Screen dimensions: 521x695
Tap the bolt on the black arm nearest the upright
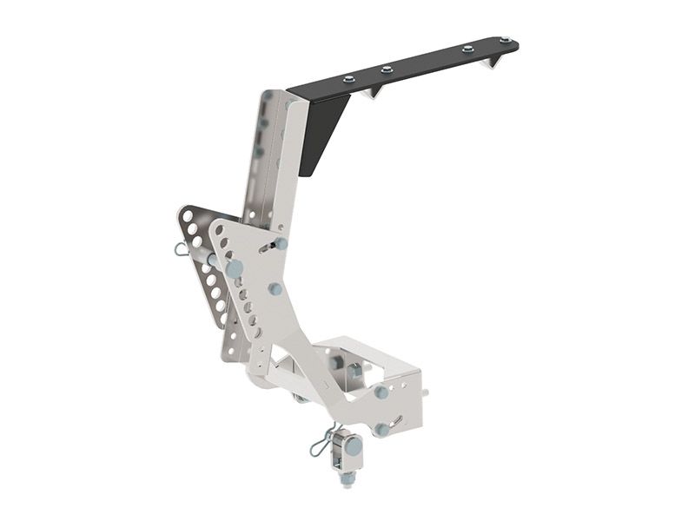tap(348, 79)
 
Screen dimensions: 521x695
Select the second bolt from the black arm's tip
tap(467, 49)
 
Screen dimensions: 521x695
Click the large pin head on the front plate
tap(234, 269)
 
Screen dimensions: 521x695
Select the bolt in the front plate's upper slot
tap(281, 244)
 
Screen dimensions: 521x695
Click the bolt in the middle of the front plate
tap(275, 288)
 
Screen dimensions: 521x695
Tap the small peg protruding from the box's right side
tap(426, 392)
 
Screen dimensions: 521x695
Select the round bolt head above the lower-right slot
tap(381, 392)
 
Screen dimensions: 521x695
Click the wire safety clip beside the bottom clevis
tap(319, 445)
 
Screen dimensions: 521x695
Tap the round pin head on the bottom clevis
tap(354, 446)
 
